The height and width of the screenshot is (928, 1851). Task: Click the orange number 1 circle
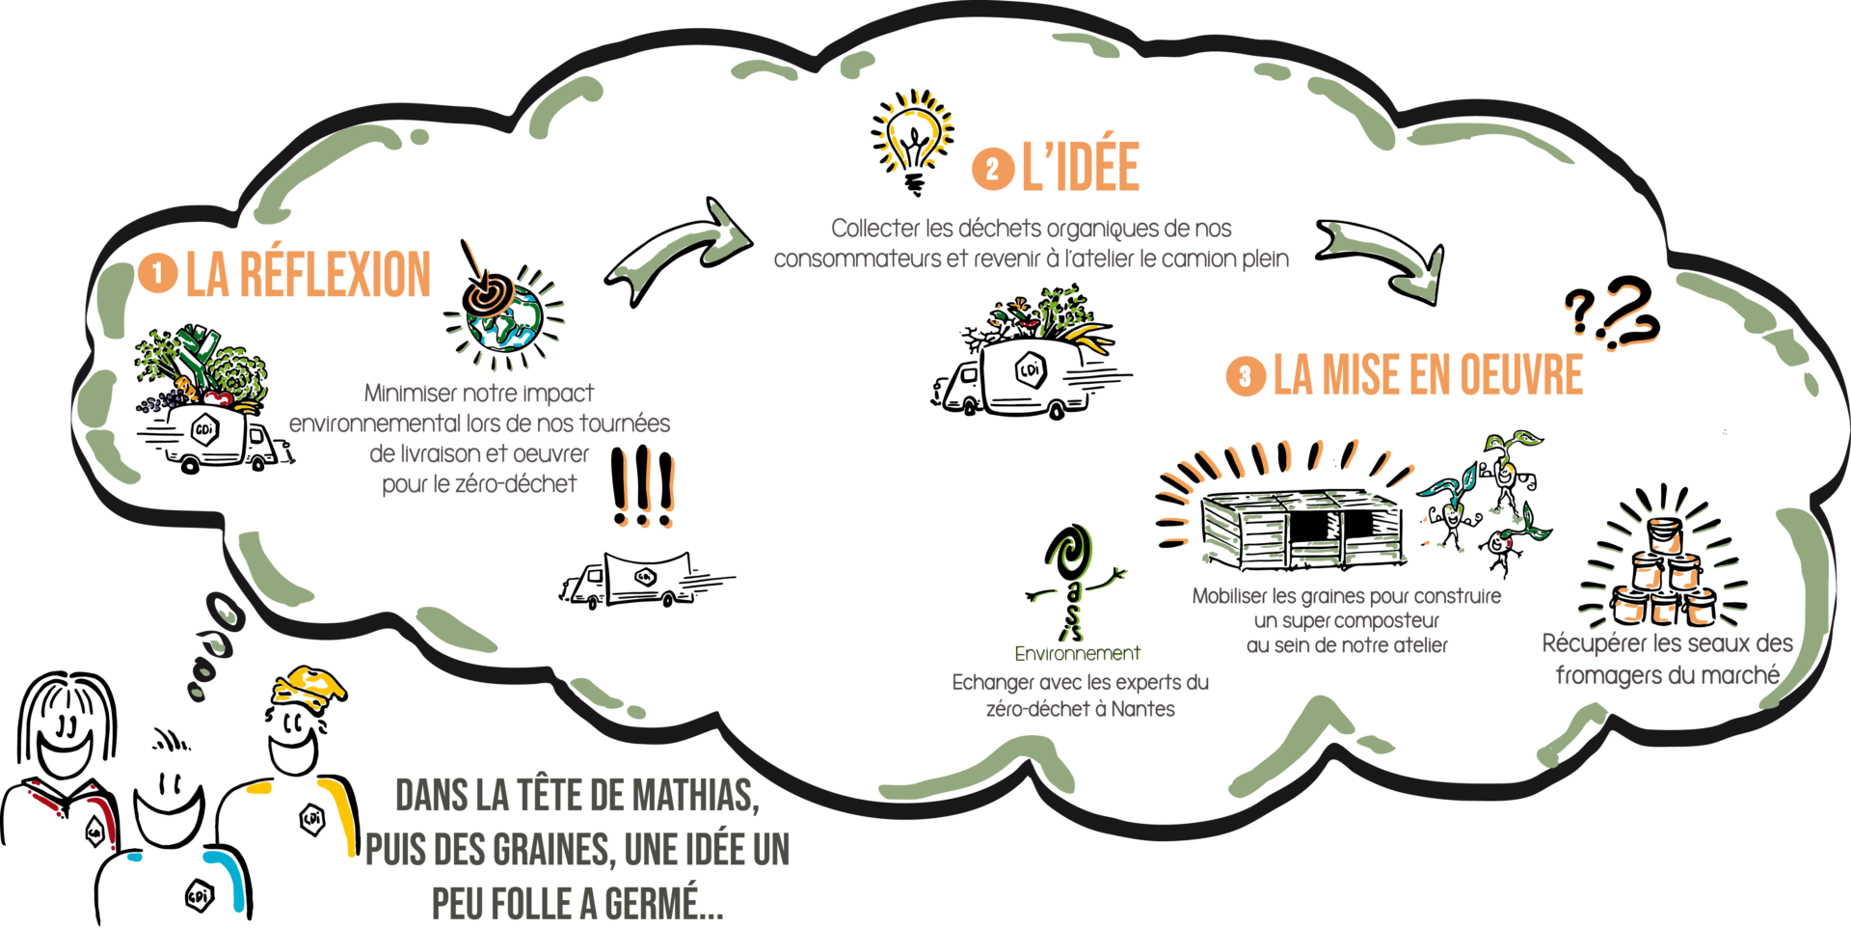(x=158, y=274)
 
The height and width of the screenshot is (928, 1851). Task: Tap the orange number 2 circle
(x=992, y=169)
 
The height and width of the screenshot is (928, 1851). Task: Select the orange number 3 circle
(x=1245, y=375)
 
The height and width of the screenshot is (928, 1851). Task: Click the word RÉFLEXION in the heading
(x=335, y=274)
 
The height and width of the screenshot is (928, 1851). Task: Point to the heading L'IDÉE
(x=1080, y=166)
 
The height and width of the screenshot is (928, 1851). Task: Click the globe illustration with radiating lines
(x=507, y=318)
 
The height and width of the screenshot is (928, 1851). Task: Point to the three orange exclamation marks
(x=647, y=488)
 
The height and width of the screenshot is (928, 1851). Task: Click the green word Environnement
(x=1078, y=654)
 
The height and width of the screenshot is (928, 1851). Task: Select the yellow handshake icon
(x=308, y=687)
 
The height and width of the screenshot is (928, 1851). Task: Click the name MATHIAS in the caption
(x=695, y=797)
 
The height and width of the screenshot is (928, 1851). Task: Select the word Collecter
(x=876, y=229)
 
